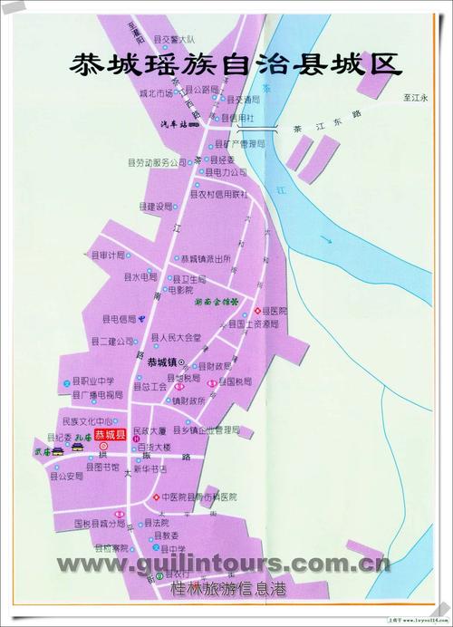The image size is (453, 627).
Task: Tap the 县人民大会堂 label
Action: [x=178, y=337]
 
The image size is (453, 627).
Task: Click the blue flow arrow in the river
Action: [x=333, y=238]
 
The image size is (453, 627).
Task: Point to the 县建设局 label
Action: [x=155, y=207]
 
